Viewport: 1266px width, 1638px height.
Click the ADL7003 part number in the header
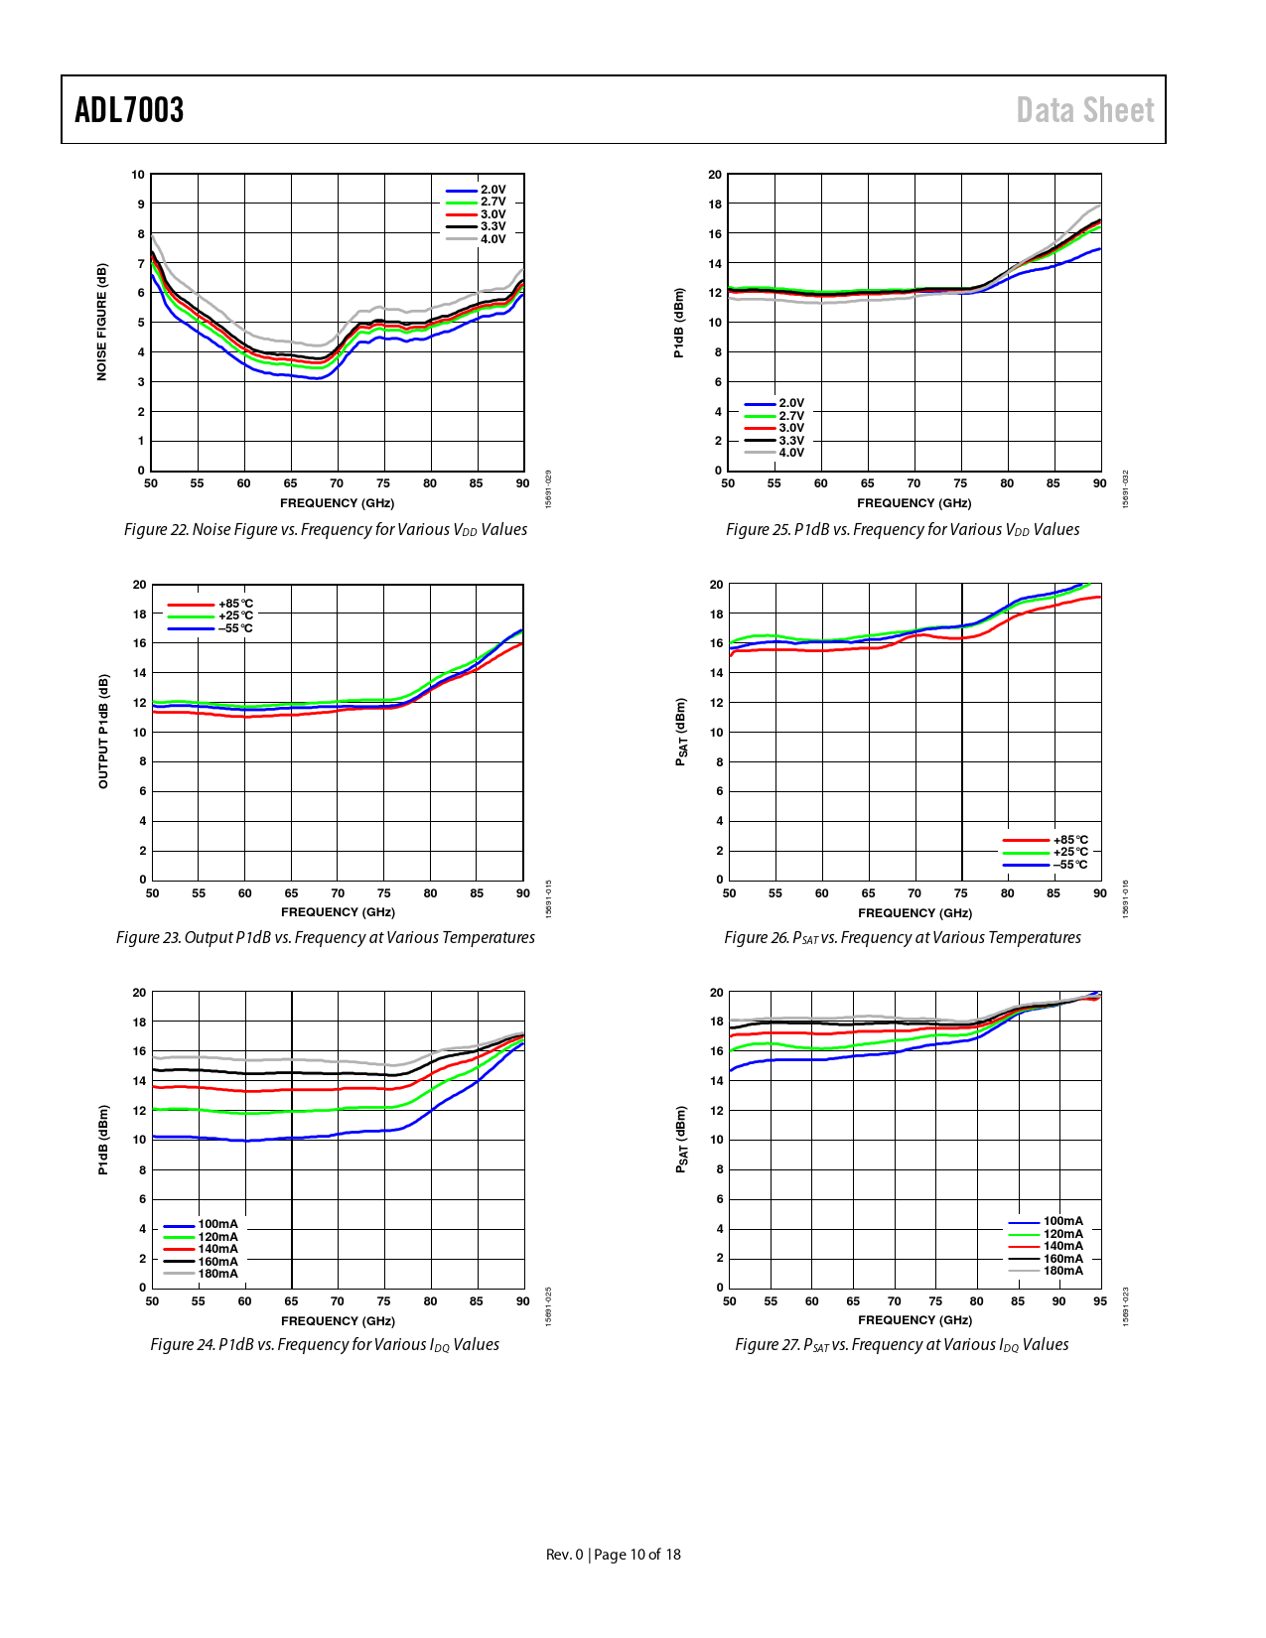pos(129,110)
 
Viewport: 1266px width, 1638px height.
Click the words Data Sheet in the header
pos(1084,110)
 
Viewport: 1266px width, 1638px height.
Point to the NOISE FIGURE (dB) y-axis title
pos(101,322)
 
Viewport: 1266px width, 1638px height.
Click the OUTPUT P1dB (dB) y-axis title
pos(102,732)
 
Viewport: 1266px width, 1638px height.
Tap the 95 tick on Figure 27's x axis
pos(1099,1301)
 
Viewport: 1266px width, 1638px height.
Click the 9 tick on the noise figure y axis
pos(141,205)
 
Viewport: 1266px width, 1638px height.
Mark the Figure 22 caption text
pos(326,530)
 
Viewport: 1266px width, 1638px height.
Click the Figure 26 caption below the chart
pos(902,938)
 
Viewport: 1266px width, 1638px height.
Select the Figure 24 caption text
pos(325,1345)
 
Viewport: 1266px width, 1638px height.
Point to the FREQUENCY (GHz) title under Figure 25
pos(914,503)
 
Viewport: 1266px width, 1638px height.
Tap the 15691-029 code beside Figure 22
pos(549,489)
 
